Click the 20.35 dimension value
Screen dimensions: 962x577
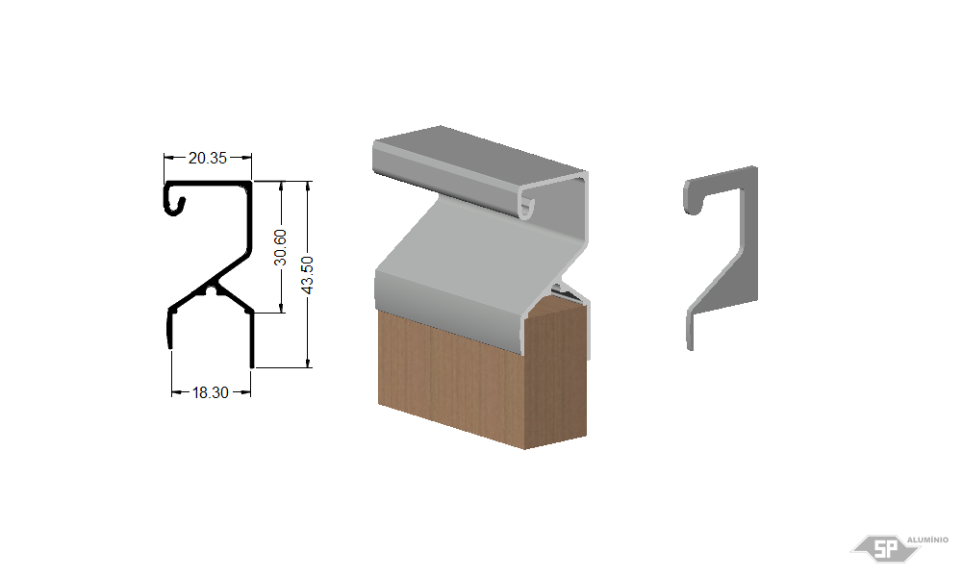point(208,159)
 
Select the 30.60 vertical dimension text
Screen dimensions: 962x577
point(280,247)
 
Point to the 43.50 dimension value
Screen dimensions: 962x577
point(308,275)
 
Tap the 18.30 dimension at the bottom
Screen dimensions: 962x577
point(210,392)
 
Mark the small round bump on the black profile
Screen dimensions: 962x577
point(212,288)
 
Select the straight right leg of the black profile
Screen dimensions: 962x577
point(251,339)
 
